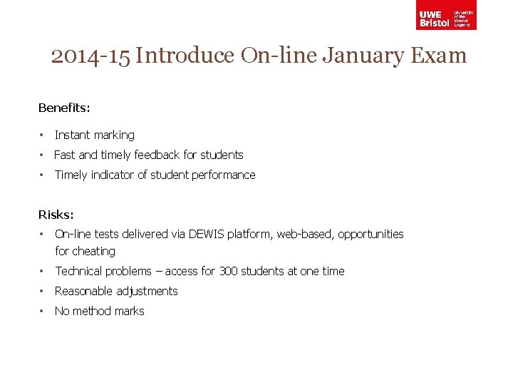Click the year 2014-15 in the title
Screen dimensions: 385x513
pos(90,56)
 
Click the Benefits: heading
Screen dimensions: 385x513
pos(64,108)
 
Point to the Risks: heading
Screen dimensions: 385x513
pos(56,214)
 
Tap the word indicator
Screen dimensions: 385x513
pos(115,175)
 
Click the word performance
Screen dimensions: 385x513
pos(223,175)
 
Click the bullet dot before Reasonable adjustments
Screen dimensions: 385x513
pos(43,291)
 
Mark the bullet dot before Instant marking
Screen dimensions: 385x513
pos(43,135)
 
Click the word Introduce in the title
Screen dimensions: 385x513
pos(185,56)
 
